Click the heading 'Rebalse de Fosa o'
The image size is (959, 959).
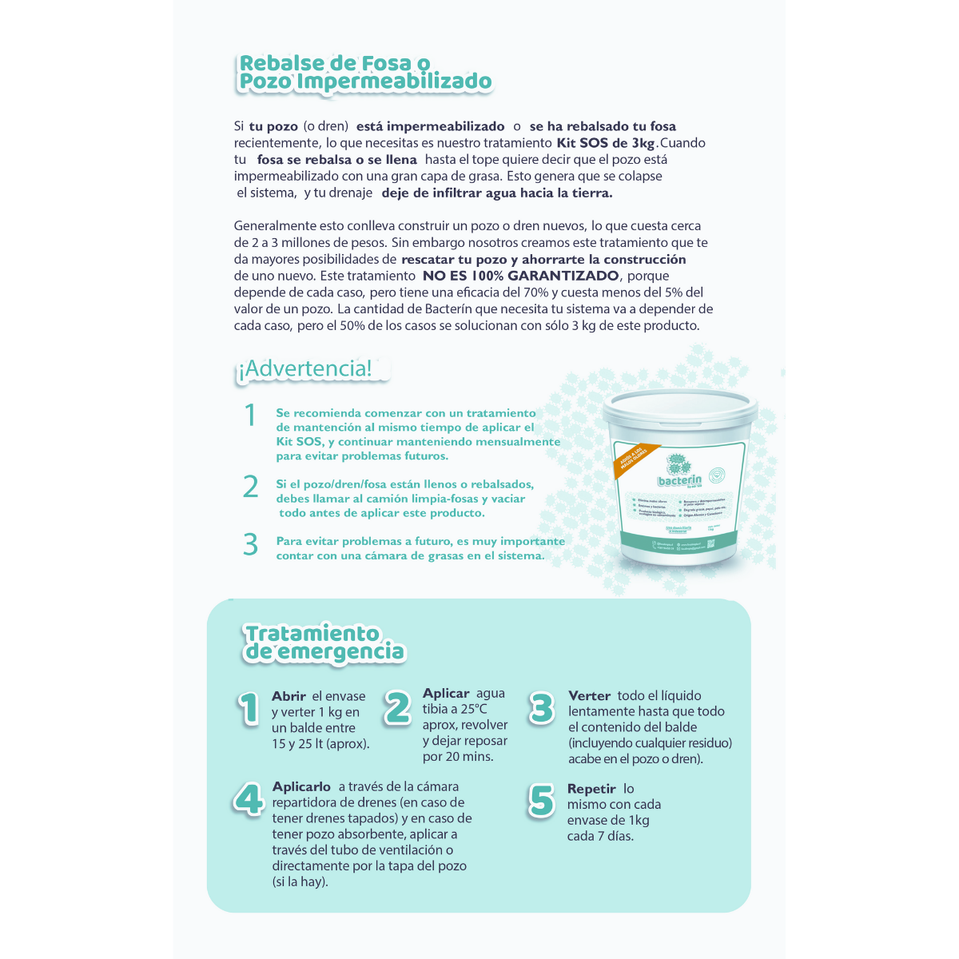click(x=335, y=63)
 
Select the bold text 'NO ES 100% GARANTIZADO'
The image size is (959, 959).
click(x=520, y=276)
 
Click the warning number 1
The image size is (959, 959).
click(x=250, y=416)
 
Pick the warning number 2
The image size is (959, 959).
click(x=251, y=487)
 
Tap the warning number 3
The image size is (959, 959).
click(x=251, y=544)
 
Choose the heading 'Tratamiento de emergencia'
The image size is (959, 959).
click(x=324, y=643)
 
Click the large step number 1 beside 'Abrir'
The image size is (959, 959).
click(x=249, y=709)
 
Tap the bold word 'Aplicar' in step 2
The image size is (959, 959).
click(x=446, y=694)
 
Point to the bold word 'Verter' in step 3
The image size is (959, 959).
click(x=589, y=696)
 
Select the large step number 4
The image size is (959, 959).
click(x=249, y=799)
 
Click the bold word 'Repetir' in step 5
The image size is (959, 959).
click(x=591, y=789)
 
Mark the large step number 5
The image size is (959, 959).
click(x=541, y=801)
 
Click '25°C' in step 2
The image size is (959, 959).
click(x=473, y=709)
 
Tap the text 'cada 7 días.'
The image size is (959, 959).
click(x=600, y=836)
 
